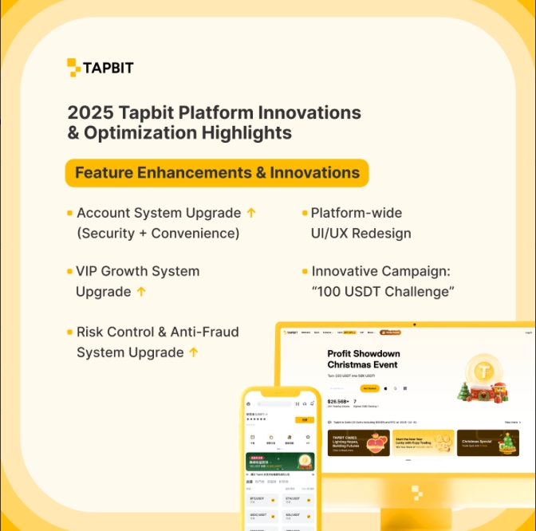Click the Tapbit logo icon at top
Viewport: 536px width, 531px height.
[x=74, y=68]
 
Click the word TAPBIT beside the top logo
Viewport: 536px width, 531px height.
[x=108, y=68]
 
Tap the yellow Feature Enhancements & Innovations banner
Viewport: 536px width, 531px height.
[x=216, y=173]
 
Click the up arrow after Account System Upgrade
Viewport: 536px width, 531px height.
[x=251, y=213]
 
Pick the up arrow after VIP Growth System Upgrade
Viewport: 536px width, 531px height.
[x=141, y=292]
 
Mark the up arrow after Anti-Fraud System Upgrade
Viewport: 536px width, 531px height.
[x=193, y=352]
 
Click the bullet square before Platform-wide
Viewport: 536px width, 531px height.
[x=305, y=213]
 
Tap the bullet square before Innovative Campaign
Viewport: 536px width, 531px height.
[x=305, y=272]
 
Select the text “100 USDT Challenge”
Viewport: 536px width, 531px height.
[x=383, y=292]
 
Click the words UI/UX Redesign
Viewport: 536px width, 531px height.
[x=361, y=233]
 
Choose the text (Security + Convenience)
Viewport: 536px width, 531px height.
[x=158, y=233]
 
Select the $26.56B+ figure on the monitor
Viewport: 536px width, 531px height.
[x=337, y=402]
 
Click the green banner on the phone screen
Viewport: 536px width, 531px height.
[x=279, y=462]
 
